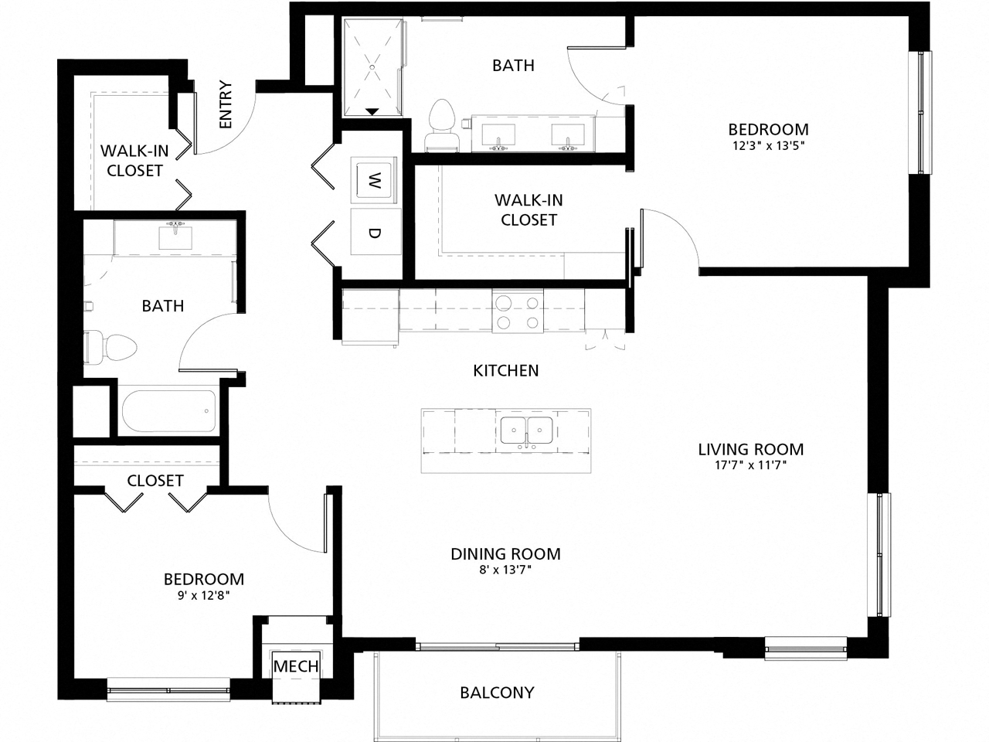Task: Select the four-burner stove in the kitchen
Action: [x=517, y=312]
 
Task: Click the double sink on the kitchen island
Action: [x=526, y=430]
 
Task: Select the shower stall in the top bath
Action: [x=372, y=68]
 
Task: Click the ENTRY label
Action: [x=226, y=104]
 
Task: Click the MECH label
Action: [x=296, y=666]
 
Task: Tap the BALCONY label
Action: [x=497, y=692]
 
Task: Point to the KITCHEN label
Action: [x=506, y=371]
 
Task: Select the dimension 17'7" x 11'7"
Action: [x=750, y=465]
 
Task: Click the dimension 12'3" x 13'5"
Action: [x=768, y=145]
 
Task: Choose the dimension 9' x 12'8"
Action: [x=203, y=595]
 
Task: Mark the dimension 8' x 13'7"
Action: [x=505, y=570]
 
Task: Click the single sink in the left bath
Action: [x=175, y=237]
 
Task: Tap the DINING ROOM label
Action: [x=505, y=553]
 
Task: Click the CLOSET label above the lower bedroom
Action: [x=155, y=480]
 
